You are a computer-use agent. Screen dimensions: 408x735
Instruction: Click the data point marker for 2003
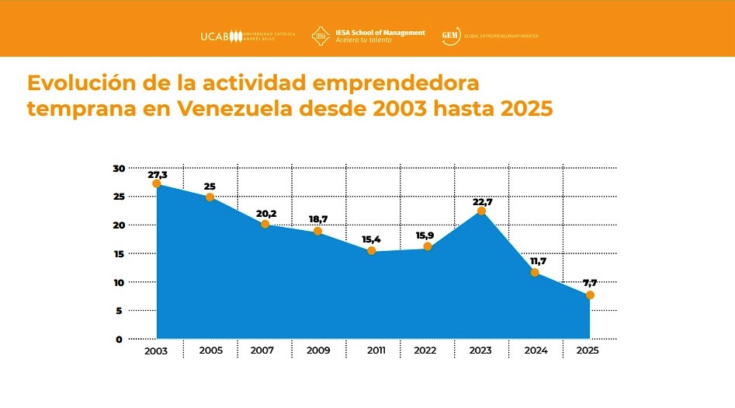click(157, 183)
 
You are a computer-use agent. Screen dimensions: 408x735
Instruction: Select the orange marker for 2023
click(481, 211)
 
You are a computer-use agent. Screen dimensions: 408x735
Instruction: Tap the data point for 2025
click(591, 295)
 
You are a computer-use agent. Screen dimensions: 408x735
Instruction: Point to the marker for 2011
click(372, 251)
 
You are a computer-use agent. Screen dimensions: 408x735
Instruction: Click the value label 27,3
click(158, 174)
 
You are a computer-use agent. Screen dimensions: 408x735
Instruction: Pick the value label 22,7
click(482, 202)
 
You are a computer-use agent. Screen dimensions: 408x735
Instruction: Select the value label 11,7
click(538, 261)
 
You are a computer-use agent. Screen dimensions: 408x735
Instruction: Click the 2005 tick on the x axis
click(210, 351)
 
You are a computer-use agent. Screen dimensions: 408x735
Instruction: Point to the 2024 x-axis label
click(536, 351)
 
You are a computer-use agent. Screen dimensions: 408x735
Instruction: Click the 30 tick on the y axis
click(119, 168)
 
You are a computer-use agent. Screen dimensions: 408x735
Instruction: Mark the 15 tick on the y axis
click(119, 253)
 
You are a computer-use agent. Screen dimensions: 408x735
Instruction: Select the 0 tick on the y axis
click(120, 340)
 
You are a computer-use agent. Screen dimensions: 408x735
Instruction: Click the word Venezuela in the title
click(236, 109)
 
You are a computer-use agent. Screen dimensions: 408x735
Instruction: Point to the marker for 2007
click(265, 224)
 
